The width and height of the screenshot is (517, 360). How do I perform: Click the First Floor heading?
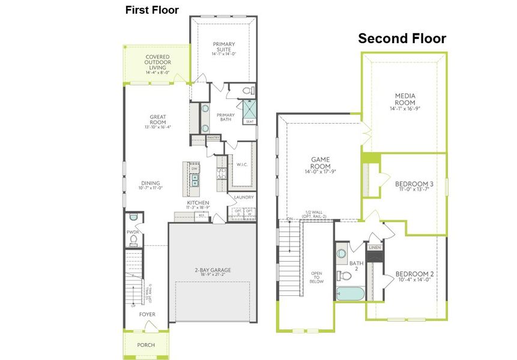click(152, 10)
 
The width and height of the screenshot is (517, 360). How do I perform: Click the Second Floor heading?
click(402, 39)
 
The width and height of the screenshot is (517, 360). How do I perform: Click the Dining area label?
click(151, 185)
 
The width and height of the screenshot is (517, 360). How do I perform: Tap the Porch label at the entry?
click(146, 345)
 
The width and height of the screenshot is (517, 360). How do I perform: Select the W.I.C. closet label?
click(243, 164)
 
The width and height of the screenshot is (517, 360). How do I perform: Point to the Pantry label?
click(213, 137)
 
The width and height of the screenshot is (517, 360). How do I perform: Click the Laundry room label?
click(244, 197)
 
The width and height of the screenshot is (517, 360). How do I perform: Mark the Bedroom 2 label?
click(414, 279)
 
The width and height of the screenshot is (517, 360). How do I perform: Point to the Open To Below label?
click(316, 277)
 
